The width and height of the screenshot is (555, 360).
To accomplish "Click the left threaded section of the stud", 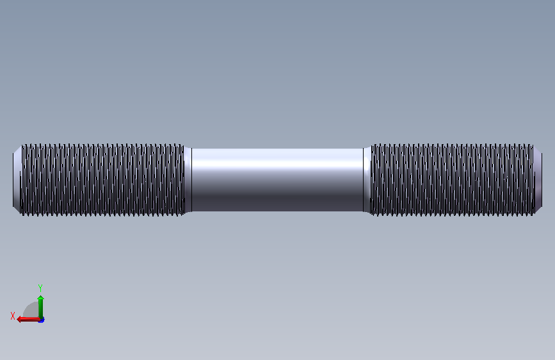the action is click(102, 179).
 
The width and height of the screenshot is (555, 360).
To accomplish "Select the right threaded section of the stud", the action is click(453, 179).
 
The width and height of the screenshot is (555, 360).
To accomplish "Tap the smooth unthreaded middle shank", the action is click(277, 179).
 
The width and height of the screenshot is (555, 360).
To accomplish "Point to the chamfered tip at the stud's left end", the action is click(17, 179).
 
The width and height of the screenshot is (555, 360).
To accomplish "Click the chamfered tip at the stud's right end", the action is click(538, 179).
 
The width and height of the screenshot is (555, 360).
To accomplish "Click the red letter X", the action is click(13, 316).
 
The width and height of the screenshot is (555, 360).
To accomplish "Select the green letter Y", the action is click(40, 288).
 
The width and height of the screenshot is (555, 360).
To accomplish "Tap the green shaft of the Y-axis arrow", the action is click(41, 309).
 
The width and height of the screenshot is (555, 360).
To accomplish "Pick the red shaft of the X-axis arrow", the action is click(31, 320).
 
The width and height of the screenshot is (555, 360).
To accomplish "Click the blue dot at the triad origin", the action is click(42, 320).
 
